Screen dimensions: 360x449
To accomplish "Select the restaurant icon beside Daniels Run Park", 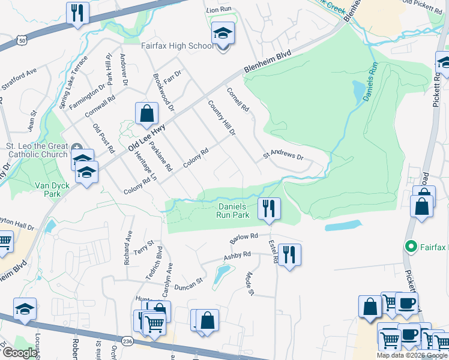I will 269,208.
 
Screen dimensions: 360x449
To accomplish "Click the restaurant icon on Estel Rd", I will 289,255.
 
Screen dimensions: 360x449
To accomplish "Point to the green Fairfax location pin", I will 411,246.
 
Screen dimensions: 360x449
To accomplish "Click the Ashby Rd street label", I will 237,257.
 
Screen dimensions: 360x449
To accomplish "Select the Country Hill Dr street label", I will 221,117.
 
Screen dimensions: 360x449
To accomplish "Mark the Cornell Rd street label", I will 237,100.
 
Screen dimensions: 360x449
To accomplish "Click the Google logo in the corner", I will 20,353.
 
